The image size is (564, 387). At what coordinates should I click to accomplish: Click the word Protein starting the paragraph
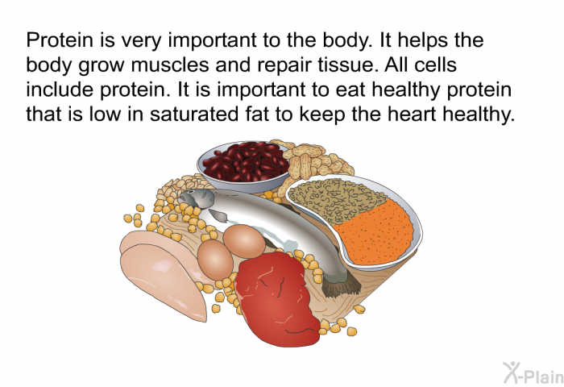(x=60, y=40)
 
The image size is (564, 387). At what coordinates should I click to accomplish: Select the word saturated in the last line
(x=194, y=114)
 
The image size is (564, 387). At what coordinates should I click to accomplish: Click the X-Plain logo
(x=533, y=372)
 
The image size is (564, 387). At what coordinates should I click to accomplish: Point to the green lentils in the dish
(x=336, y=199)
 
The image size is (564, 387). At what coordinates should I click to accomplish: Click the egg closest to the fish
(x=244, y=241)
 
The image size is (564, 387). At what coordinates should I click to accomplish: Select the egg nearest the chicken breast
(x=215, y=260)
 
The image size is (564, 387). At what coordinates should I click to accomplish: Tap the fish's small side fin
(x=218, y=215)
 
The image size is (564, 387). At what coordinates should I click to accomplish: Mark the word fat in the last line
(x=259, y=114)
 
